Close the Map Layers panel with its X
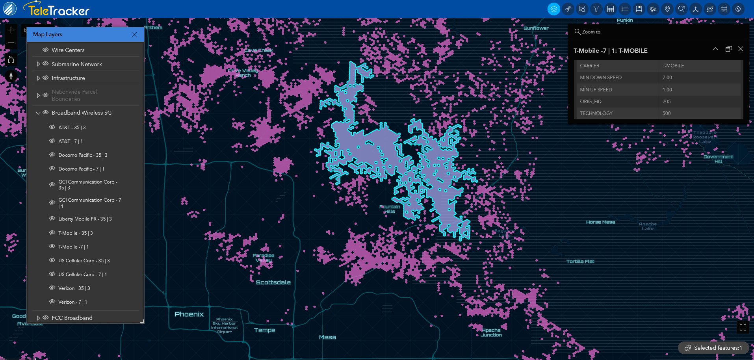tap(134, 35)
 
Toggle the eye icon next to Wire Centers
tap(46, 50)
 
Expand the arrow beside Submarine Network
tap(38, 64)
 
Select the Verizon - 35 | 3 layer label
tap(74, 288)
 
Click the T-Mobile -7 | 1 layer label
tap(73, 247)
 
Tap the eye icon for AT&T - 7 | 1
tap(52, 141)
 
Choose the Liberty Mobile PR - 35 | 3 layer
tap(85, 219)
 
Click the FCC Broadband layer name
tap(72, 318)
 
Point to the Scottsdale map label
tap(273, 282)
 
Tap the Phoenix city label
tap(189, 314)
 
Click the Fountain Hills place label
tap(390, 209)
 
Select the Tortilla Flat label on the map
tap(580, 262)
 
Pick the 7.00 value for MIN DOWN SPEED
tap(667, 78)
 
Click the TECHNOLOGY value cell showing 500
tap(667, 113)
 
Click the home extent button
tap(11, 60)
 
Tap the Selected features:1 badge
tap(713, 348)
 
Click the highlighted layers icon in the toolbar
tap(553, 9)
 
